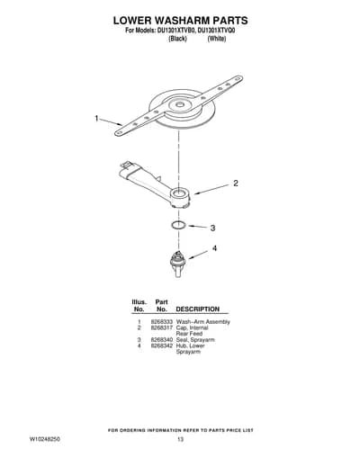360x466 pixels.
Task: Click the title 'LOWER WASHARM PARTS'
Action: pyautogui.click(x=180, y=21)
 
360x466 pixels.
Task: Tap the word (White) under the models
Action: pyautogui.click(x=217, y=39)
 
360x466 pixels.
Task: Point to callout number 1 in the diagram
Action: pyautogui.click(x=96, y=119)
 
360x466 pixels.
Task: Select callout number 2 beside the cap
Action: pyautogui.click(x=236, y=183)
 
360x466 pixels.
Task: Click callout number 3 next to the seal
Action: pyautogui.click(x=212, y=229)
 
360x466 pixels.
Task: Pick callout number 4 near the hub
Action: pyautogui.click(x=214, y=248)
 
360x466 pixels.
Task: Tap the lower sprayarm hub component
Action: pyautogui.click(x=177, y=264)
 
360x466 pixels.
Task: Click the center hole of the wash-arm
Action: pyautogui.click(x=179, y=104)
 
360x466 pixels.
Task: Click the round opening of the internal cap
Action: pyautogui.click(x=179, y=193)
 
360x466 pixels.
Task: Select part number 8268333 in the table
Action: pyautogui.click(x=162, y=322)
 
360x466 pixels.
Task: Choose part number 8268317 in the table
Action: pyautogui.click(x=162, y=327)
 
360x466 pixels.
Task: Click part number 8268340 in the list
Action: pyautogui.click(x=162, y=340)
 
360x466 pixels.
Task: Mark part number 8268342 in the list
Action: pyautogui.click(x=162, y=345)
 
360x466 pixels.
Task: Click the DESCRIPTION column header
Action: pyautogui.click(x=198, y=309)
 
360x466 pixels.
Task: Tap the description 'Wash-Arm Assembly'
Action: pyautogui.click(x=203, y=322)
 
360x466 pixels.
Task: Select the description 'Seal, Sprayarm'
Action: pyautogui.click(x=195, y=340)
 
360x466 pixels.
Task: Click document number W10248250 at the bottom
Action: pyautogui.click(x=44, y=439)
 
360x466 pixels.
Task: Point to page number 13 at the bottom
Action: pyautogui.click(x=180, y=439)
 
